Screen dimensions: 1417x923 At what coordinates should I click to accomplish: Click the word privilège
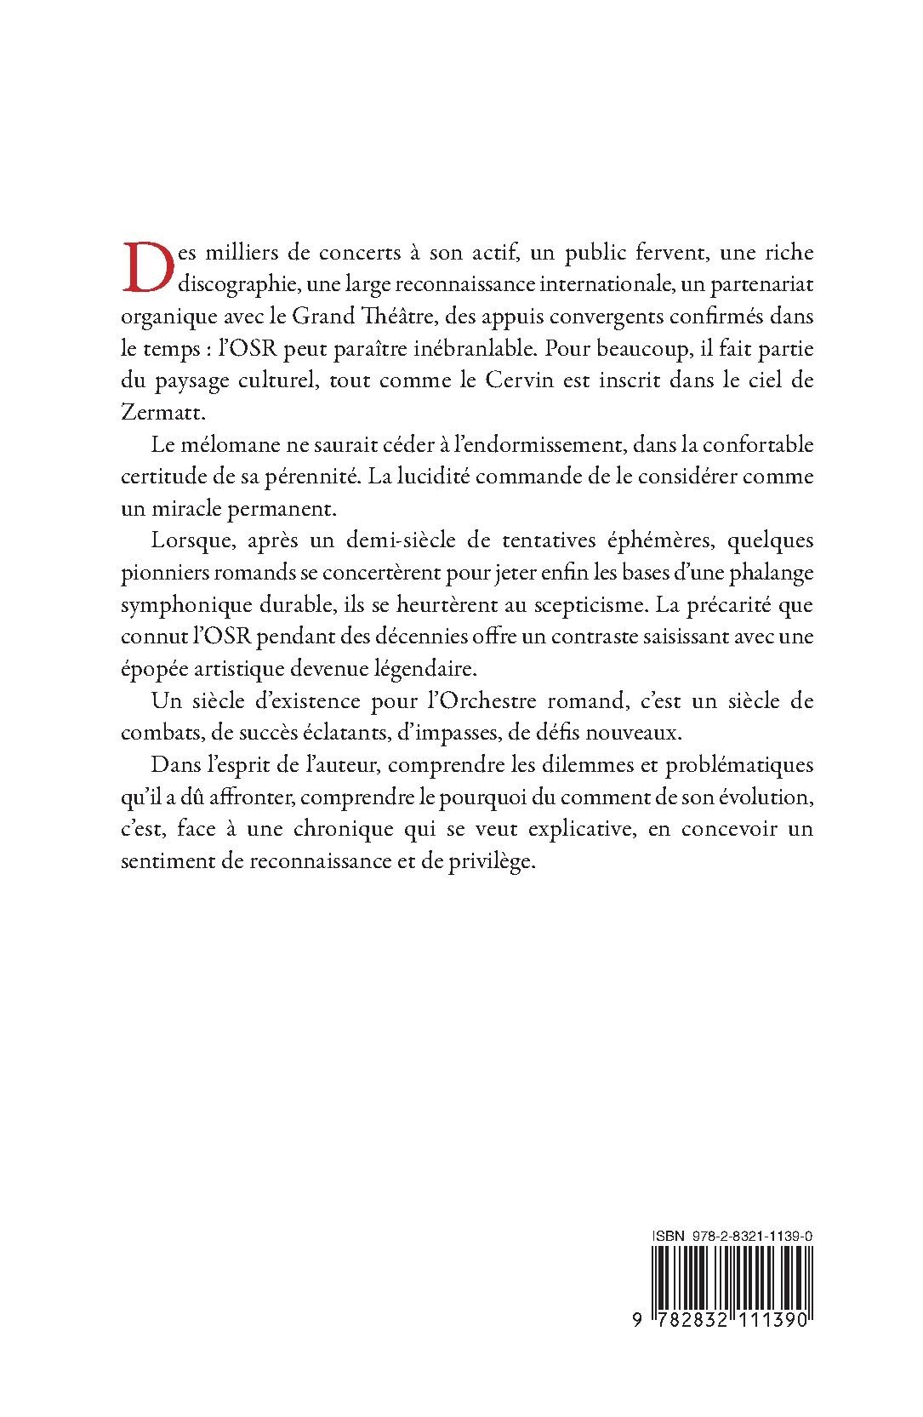490,861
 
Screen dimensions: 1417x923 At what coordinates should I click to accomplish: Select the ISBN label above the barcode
669,1234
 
